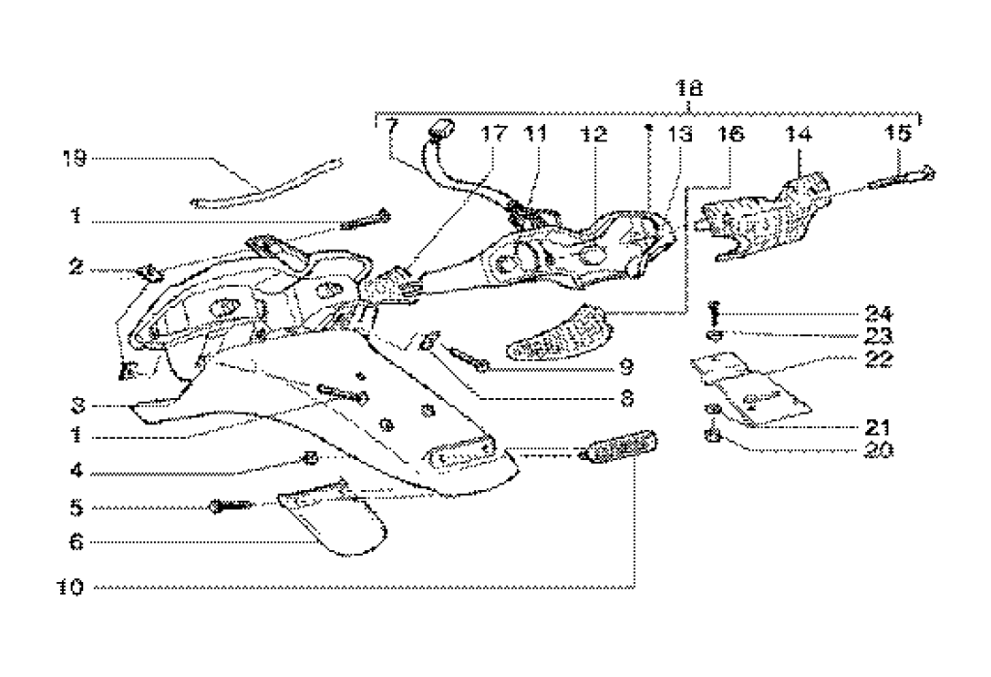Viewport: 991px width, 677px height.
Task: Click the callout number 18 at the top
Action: coord(689,86)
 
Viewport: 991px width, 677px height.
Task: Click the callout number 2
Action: coord(75,265)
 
